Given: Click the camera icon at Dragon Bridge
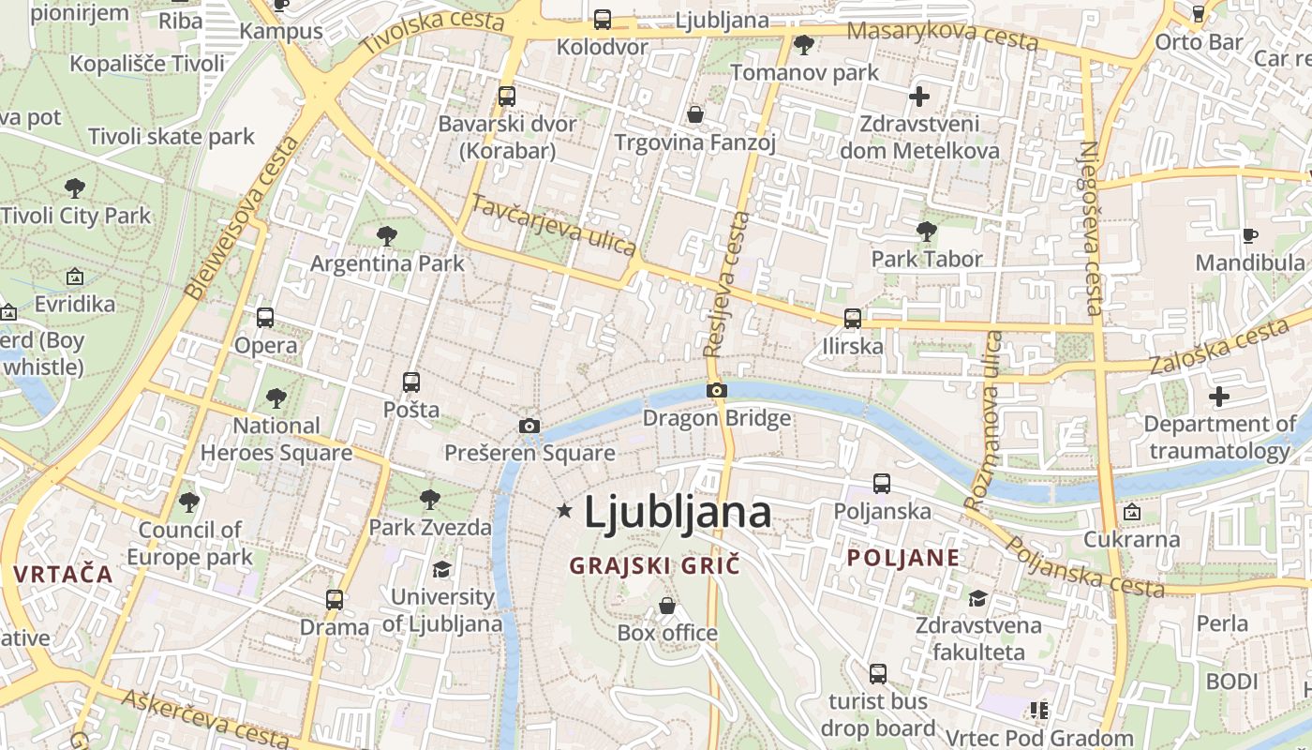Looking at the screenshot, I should pyautogui.click(x=717, y=390).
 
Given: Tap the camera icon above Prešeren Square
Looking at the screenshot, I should pyautogui.click(x=529, y=427).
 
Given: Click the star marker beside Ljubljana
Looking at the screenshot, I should pyautogui.click(x=564, y=511).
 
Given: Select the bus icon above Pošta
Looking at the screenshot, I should pyautogui.click(x=411, y=382).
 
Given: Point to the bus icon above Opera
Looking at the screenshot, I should pyautogui.click(x=265, y=318).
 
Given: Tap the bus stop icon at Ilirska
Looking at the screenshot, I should pyautogui.click(x=853, y=319).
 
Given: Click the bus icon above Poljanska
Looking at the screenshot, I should pyautogui.click(x=882, y=484).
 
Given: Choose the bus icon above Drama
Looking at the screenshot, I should pyautogui.click(x=335, y=600).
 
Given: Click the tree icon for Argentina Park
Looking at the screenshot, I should pyautogui.click(x=387, y=236).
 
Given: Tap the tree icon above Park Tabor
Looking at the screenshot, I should pyautogui.click(x=927, y=231).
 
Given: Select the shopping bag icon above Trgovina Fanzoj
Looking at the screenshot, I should pyautogui.click(x=695, y=114).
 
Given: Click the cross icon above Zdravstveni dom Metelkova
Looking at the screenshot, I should pyautogui.click(x=919, y=96).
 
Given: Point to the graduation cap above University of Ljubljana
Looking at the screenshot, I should pyautogui.click(x=441, y=570).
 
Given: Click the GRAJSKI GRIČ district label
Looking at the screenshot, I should pyautogui.click(x=655, y=566).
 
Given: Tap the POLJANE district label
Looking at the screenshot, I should pyautogui.click(x=903, y=559).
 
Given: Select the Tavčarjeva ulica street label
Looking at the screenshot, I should pyautogui.click(x=554, y=225).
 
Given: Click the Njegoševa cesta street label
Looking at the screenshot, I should pyautogui.click(x=1091, y=228).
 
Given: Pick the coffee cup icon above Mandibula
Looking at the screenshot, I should pyautogui.click(x=1249, y=235).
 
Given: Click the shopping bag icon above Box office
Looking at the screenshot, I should pyautogui.click(x=667, y=606).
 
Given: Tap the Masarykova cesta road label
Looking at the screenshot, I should pyautogui.click(x=942, y=36).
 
